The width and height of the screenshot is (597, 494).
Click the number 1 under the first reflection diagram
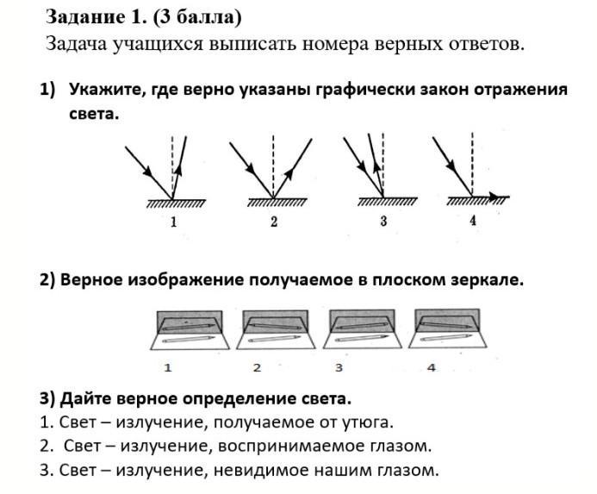tap(174, 222)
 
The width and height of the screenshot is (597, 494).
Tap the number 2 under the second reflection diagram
tap(274, 222)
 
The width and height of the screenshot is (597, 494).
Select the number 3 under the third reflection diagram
tap(383, 221)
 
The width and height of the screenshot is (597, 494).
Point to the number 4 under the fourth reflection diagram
tap(472, 221)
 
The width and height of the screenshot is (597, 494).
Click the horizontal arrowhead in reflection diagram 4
tap(494, 197)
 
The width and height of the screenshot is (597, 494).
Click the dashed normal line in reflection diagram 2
tap(273, 166)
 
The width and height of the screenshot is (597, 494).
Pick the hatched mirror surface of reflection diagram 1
tap(176, 203)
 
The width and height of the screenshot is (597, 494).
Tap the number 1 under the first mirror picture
tap(168, 368)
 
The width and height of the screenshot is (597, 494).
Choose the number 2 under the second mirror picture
tap(257, 368)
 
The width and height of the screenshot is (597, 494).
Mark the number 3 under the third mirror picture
tap(339, 368)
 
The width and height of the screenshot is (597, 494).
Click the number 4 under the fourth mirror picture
tap(432, 368)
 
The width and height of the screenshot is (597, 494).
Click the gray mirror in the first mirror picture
tap(190, 322)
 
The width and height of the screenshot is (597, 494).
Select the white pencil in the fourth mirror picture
tap(446, 338)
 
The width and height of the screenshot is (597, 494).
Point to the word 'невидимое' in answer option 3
tap(258, 471)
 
